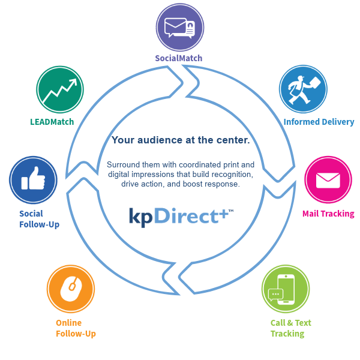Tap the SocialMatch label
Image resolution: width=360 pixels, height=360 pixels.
[179, 58]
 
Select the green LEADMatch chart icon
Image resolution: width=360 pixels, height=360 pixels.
[59, 89]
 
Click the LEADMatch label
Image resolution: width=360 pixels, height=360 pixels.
[52, 122]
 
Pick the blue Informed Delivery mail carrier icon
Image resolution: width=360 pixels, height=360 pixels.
[303, 89]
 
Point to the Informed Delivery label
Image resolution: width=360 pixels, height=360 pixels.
[319, 122]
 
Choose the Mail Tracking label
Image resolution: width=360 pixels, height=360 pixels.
[328, 214]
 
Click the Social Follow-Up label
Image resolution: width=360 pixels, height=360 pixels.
[39, 219]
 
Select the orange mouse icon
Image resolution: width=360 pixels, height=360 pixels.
[70, 289]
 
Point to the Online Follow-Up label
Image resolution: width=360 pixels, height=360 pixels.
[76, 328]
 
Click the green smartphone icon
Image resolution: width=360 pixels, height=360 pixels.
[285, 289]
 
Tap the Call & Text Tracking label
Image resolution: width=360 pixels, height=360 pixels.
[291, 328]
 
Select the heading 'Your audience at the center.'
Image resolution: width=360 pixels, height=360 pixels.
[181, 140]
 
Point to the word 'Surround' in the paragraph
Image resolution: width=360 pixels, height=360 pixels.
[124, 164]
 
